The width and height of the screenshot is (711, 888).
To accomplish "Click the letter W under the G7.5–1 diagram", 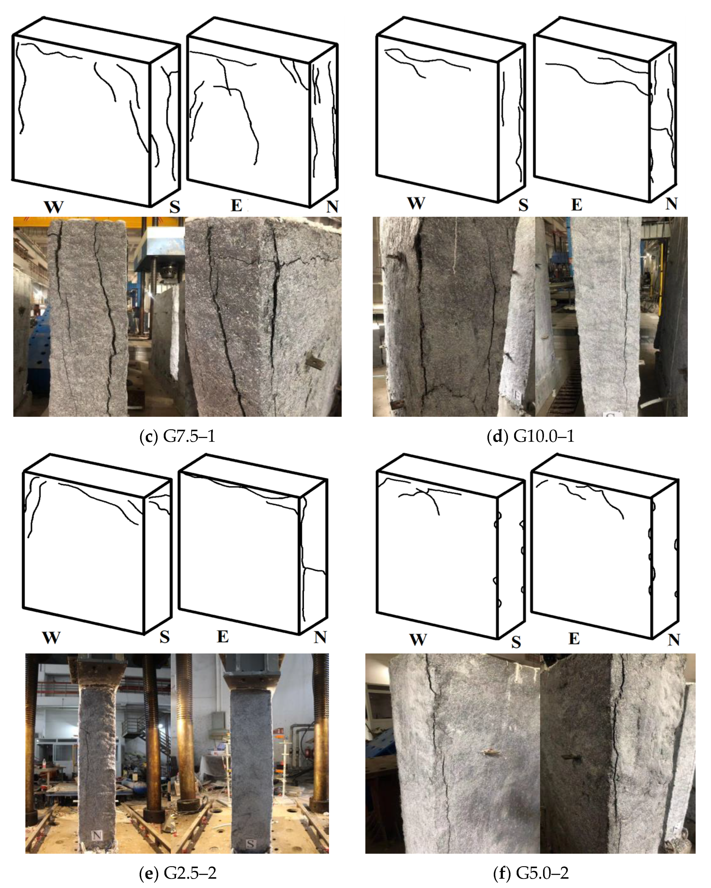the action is coord(54,206).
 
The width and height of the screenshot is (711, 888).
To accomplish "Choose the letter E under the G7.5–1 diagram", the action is coord(236,205).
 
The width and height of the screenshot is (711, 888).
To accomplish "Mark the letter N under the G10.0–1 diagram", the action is coord(671,203).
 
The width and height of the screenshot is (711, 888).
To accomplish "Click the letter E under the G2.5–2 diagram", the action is coord(223,637).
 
